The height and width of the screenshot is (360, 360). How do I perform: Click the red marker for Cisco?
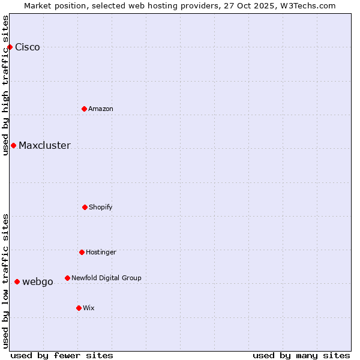tap(10, 47)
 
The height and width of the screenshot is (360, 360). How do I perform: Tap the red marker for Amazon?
tap(84, 109)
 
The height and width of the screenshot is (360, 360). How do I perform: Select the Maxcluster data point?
tap(13, 145)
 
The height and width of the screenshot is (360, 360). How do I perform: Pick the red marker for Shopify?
tap(85, 207)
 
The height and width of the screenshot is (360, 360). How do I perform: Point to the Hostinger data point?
tap(82, 252)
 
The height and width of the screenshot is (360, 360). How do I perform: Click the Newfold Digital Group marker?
tap(67, 278)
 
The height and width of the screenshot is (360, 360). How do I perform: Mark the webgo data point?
tap(17, 281)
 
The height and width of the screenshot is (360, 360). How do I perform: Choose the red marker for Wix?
tap(79, 308)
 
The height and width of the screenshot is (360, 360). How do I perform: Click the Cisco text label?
tap(28, 47)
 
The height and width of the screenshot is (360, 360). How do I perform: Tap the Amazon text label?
tap(101, 109)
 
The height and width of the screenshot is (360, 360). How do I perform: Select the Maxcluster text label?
tap(44, 146)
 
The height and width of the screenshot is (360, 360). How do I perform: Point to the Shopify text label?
tap(101, 207)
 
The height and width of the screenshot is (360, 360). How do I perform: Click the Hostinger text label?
tap(101, 252)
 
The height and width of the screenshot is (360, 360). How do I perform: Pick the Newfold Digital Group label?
tap(106, 278)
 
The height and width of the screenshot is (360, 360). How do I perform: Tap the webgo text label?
tap(38, 282)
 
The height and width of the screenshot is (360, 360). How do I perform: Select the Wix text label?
tap(89, 308)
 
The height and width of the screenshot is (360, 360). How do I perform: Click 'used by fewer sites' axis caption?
tap(62, 355)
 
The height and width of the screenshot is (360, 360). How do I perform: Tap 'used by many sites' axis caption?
tap(301, 355)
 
